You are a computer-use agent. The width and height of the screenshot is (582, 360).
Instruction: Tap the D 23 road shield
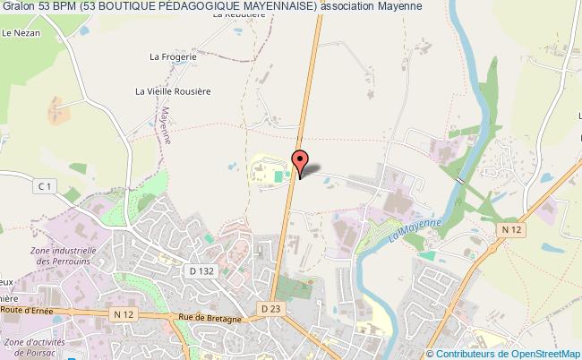point(272,308)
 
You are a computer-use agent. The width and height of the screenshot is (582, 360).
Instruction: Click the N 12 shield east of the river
point(511,231)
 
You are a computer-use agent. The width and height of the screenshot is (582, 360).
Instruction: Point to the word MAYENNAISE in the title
point(259,7)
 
